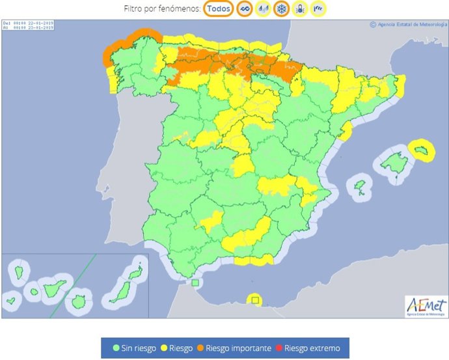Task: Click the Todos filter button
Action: [x=219, y=9]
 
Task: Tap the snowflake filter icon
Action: [x=282, y=9]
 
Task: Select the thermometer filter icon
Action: [x=300, y=9]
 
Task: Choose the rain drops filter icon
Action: [x=264, y=9]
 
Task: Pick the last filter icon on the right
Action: [x=318, y=9]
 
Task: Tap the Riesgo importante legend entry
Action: [x=234, y=348]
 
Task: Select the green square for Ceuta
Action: [x=196, y=283]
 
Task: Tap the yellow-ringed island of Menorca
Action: [x=424, y=151]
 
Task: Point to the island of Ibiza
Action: [x=359, y=189]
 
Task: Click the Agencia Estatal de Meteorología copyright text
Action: [x=407, y=25]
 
